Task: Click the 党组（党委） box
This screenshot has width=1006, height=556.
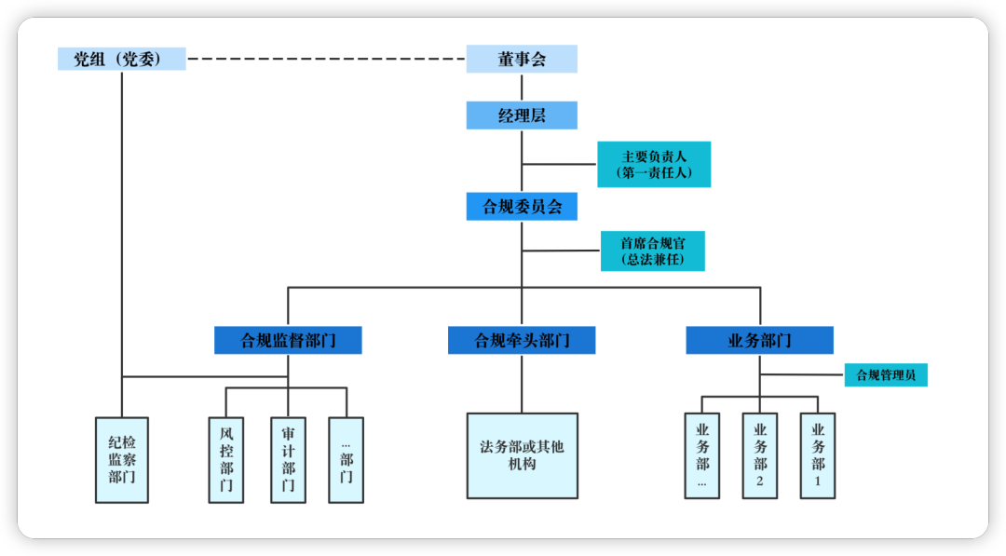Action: point(121,60)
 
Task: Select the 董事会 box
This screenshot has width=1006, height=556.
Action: point(522,60)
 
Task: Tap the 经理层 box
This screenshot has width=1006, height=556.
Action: point(522,115)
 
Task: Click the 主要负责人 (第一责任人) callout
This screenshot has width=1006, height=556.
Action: point(654,164)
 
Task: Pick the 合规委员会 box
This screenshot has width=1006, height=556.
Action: point(522,207)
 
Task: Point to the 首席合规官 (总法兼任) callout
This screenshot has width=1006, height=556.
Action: point(652,251)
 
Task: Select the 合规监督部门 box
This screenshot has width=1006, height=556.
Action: point(288,340)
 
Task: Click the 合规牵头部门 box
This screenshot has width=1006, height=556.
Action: point(522,340)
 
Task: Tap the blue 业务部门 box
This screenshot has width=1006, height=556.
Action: point(759,340)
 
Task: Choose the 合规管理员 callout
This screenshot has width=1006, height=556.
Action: point(886,375)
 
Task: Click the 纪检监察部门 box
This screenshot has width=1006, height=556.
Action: point(122,460)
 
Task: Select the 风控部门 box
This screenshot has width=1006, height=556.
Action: point(226,460)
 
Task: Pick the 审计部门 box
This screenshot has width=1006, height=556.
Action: point(288,460)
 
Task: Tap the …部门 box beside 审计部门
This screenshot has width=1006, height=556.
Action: point(346,460)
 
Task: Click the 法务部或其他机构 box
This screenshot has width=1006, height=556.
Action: point(522,455)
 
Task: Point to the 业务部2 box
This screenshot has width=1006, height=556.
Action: point(760,455)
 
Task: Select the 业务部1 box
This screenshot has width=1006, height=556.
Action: point(818,455)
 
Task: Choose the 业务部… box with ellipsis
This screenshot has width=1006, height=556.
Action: point(701,455)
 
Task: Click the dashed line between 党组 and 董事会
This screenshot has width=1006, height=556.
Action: point(326,60)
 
